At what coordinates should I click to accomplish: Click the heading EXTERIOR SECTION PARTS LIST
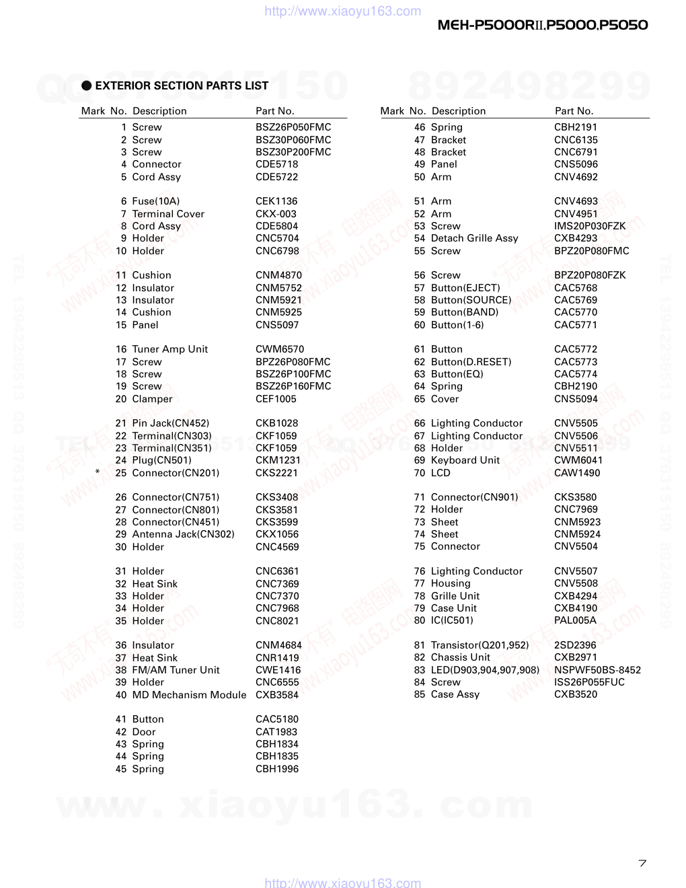pyautogui.click(x=182, y=85)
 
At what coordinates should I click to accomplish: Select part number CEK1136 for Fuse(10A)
pyautogui.click(x=276, y=201)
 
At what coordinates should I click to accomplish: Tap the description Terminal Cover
pyautogui.click(x=168, y=214)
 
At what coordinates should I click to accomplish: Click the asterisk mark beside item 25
pyautogui.click(x=98, y=472)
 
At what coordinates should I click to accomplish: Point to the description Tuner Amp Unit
pyautogui.click(x=170, y=349)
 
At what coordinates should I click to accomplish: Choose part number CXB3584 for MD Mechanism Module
pyautogui.click(x=276, y=694)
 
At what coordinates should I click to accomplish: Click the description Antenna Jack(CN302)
pyautogui.click(x=184, y=534)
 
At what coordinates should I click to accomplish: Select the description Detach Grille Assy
pyautogui.click(x=474, y=238)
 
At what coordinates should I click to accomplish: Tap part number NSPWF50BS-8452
pyautogui.click(x=597, y=670)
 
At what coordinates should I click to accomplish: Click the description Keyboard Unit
pyautogui.click(x=465, y=460)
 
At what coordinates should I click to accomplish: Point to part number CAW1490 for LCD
pyautogui.click(x=577, y=473)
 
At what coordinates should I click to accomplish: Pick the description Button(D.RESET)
pyautogui.click(x=471, y=362)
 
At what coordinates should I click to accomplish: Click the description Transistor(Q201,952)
pyautogui.click(x=480, y=645)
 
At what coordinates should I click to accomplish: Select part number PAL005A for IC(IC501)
pyautogui.click(x=575, y=620)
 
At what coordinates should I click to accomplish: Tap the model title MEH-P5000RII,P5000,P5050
pyautogui.click(x=543, y=26)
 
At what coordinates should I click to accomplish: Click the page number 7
pyautogui.click(x=642, y=863)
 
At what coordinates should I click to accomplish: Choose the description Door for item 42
pyautogui.click(x=144, y=732)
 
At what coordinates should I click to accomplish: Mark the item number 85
pyautogui.click(x=420, y=694)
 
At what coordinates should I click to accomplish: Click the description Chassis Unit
pyautogui.click(x=461, y=657)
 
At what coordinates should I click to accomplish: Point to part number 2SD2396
pyautogui.click(x=575, y=645)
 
